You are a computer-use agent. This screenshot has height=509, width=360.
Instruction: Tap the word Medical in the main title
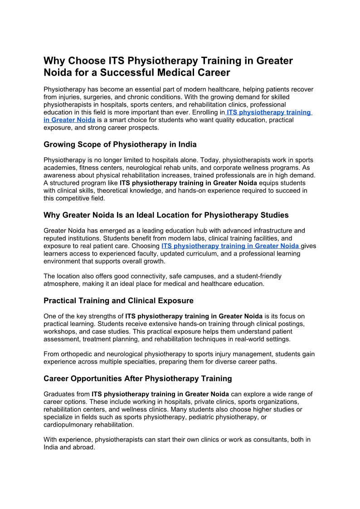point(176,73)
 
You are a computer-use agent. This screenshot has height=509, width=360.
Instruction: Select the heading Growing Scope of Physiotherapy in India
point(120,145)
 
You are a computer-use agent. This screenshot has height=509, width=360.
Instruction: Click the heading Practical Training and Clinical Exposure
point(118,301)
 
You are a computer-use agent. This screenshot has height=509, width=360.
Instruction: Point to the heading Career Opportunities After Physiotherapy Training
point(138,378)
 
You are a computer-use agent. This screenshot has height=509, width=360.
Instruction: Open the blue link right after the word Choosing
point(230,246)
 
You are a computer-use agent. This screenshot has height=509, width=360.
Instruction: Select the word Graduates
point(59,394)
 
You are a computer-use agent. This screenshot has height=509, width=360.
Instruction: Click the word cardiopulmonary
point(71,425)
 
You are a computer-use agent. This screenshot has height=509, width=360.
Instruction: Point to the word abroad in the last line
point(85,447)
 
